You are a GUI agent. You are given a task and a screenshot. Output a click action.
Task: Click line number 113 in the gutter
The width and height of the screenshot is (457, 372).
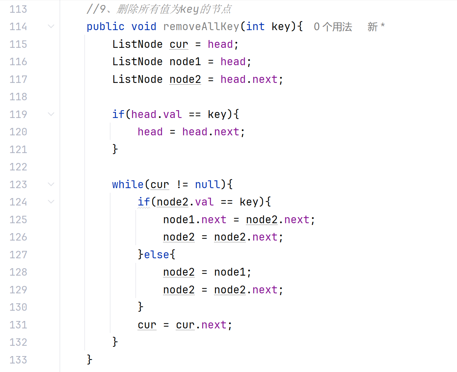coord(18,9)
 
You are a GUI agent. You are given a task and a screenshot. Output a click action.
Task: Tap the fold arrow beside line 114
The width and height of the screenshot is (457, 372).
coord(51,26)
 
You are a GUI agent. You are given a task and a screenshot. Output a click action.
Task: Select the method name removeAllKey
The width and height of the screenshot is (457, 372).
coord(201,27)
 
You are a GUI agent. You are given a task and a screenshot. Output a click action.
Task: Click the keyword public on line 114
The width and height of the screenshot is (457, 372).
coord(105,27)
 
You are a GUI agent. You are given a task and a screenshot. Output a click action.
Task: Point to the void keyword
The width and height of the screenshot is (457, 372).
coord(143,27)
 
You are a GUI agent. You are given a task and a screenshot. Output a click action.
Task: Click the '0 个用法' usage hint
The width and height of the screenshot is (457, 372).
coord(333,27)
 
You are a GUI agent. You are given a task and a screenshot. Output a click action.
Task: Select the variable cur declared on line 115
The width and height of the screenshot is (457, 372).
coord(179,44)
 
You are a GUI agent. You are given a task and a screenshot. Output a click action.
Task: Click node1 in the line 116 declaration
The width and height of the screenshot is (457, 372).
coord(185,62)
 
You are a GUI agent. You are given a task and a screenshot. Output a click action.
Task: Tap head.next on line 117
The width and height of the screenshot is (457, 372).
coord(249,79)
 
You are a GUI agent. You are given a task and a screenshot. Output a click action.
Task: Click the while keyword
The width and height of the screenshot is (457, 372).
coord(128,185)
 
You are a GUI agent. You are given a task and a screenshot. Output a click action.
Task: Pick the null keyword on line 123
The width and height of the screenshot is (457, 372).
coord(207,185)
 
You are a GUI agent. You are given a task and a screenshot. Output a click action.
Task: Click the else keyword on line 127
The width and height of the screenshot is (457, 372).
coord(156,255)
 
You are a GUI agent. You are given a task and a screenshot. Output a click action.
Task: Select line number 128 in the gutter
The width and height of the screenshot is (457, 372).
coord(18,272)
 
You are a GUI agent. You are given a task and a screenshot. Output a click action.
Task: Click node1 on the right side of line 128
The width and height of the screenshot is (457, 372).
coord(230,272)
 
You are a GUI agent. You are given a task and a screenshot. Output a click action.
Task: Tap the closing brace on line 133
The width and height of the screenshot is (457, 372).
coord(89,359)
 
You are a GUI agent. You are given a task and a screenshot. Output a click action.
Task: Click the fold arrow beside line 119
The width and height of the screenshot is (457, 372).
coord(51,114)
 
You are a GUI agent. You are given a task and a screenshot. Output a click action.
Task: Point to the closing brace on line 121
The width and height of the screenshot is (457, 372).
coord(115,149)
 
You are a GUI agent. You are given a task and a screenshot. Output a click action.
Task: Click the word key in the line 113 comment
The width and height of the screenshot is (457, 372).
coord(190,9)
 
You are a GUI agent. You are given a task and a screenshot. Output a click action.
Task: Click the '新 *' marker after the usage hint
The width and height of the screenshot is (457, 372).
coord(376,27)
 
